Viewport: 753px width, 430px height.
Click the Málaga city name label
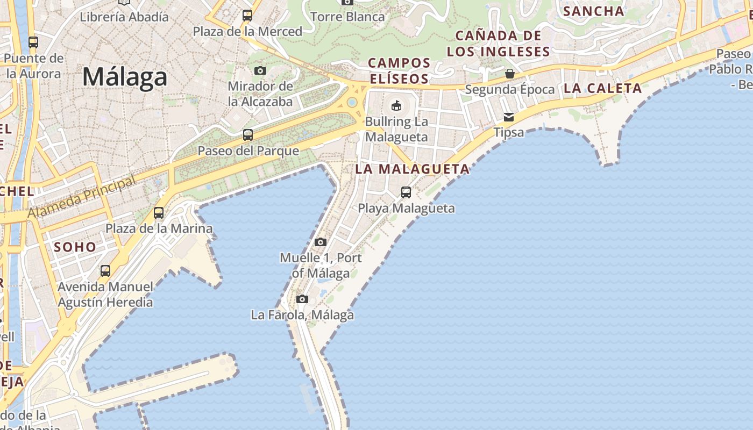point(125,77)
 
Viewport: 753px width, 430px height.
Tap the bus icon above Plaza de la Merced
point(247,16)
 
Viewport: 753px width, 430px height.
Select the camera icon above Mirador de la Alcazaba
point(260,70)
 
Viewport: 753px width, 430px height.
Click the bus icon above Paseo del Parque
point(248,135)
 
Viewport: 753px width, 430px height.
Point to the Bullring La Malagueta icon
point(396,105)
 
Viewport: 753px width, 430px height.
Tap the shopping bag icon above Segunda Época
point(509,73)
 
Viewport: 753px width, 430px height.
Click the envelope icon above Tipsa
point(509,117)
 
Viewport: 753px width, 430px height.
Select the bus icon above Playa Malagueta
point(406,192)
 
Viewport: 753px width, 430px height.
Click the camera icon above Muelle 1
point(321,242)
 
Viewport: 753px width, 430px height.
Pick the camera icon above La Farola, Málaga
point(302,299)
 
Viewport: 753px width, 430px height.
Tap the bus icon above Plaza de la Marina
point(159,213)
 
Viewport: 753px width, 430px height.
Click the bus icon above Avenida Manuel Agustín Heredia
point(105,271)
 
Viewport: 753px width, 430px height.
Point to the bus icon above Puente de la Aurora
point(33,42)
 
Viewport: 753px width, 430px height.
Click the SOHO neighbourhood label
point(75,247)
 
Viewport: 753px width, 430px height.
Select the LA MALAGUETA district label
point(413,169)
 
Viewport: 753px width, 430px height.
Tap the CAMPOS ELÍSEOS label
point(399,71)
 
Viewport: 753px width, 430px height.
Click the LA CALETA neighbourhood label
point(602,89)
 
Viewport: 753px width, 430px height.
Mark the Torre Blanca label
point(347,17)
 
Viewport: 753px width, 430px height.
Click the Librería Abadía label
point(124,17)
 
